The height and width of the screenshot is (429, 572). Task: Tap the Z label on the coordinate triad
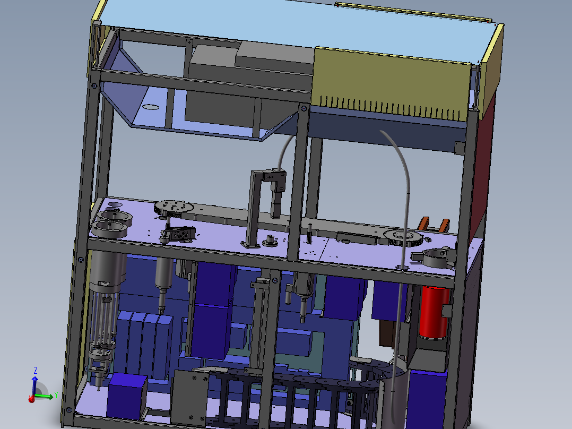pyautogui.click(x=35, y=370)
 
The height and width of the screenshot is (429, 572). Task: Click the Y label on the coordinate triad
pyautogui.click(x=56, y=394)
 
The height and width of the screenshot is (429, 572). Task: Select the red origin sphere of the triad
pyautogui.click(x=32, y=399)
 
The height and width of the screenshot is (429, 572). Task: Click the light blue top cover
pyautogui.click(x=297, y=24)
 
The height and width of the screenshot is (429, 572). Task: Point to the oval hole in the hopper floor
pyautogui.click(x=151, y=107)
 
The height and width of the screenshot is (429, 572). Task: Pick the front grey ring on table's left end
pyautogui.click(x=111, y=229)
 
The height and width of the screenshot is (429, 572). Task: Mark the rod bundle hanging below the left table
pyautogui.click(x=104, y=324)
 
